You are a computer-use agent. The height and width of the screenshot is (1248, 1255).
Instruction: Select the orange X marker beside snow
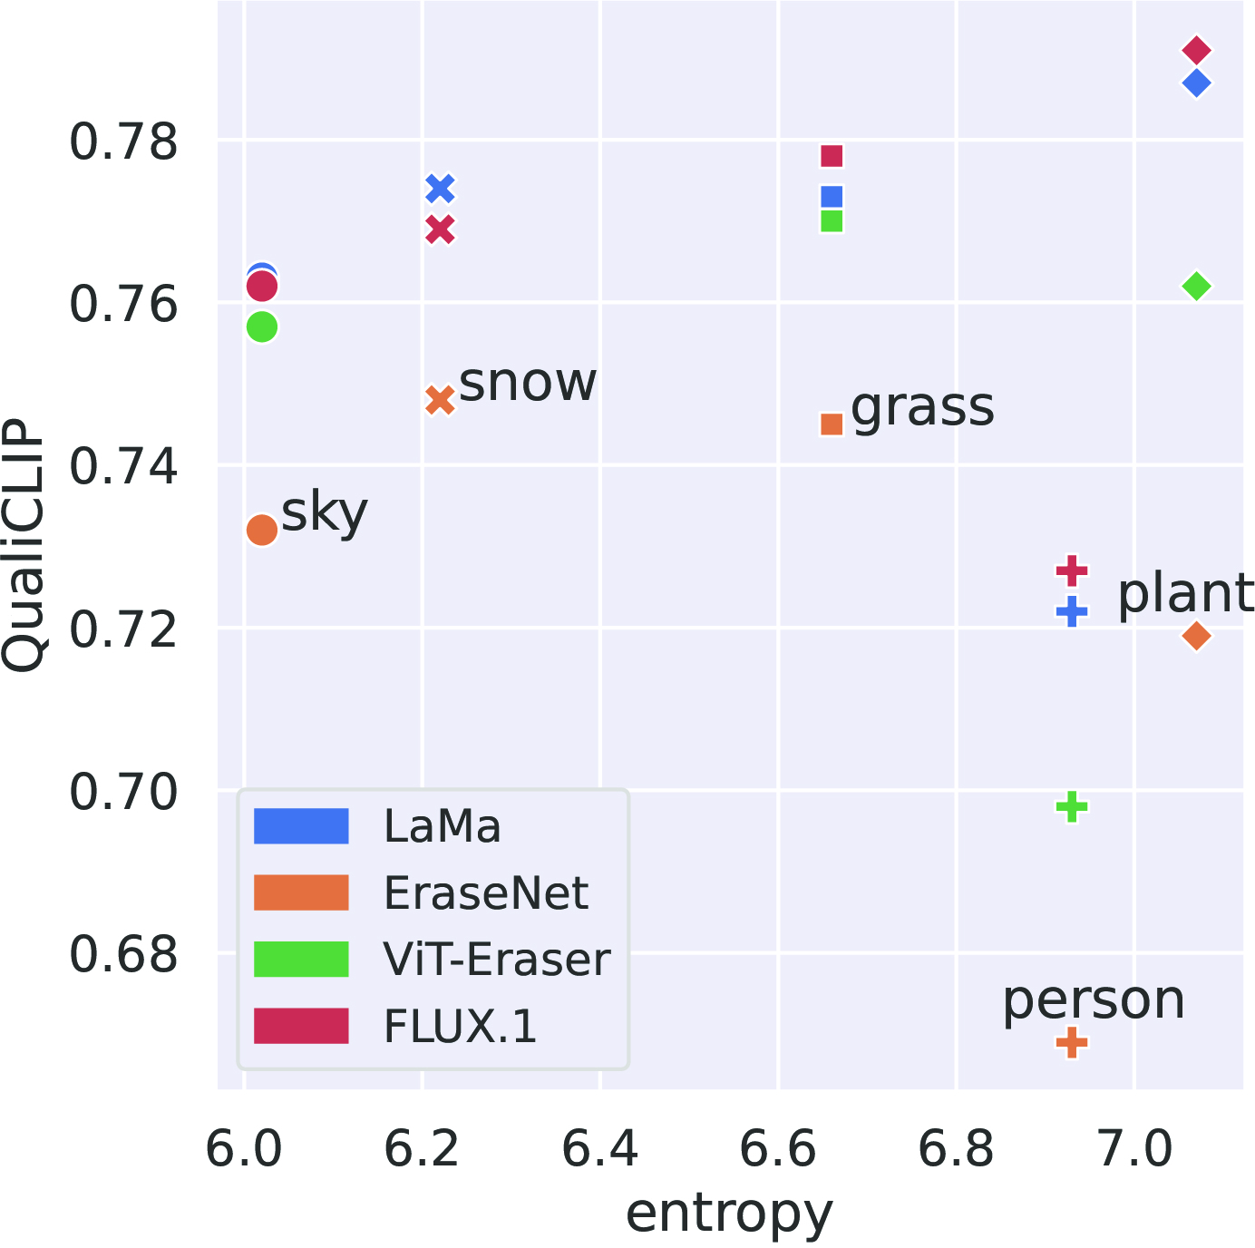click(x=440, y=400)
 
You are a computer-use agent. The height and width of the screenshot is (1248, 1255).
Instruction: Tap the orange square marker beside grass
click(x=832, y=424)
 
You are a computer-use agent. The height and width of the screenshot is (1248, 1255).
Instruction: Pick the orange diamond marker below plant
click(x=1196, y=636)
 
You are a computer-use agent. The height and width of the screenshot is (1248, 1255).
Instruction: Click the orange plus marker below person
click(x=1072, y=1043)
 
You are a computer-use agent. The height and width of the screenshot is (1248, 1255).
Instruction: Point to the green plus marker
click(x=1072, y=806)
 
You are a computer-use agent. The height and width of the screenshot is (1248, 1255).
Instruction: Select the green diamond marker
click(x=1196, y=287)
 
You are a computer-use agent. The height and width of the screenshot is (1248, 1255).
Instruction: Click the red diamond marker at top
click(x=1196, y=50)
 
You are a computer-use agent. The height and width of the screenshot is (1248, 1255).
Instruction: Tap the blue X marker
click(x=440, y=189)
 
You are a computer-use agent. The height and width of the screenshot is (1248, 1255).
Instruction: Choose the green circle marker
click(x=262, y=327)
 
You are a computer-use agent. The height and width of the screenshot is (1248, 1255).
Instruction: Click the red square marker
click(x=832, y=156)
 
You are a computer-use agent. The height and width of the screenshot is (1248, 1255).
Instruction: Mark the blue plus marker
click(x=1072, y=611)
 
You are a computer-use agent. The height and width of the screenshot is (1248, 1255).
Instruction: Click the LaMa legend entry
click(x=442, y=826)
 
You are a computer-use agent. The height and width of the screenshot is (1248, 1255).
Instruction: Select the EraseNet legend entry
click(x=486, y=893)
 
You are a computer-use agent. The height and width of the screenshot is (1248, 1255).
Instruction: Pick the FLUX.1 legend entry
click(x=461, y=1027)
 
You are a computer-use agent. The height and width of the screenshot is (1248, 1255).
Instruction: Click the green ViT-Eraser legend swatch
click(x=301, y=960)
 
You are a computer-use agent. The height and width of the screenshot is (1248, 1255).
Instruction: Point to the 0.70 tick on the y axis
click(x=123, y=792)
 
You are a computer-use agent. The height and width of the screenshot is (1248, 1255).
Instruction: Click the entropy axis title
click(x=729, y=1214)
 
